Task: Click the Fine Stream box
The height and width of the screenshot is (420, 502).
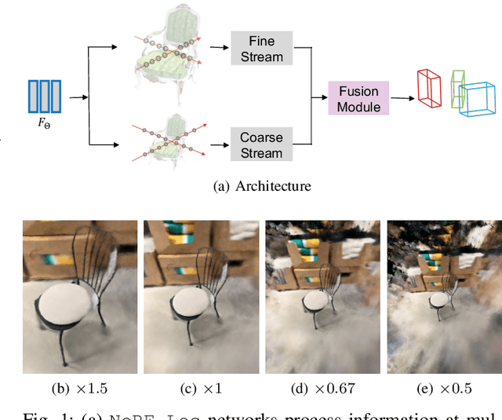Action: coord(261,48)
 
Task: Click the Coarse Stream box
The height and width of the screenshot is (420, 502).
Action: coord(261,144)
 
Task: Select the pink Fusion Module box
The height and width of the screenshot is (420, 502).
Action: coord(358,97)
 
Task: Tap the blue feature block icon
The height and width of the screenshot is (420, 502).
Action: coord(44,96)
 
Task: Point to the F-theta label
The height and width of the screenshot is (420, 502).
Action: coord(44,124)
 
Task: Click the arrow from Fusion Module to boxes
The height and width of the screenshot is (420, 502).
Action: coord(402,98)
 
